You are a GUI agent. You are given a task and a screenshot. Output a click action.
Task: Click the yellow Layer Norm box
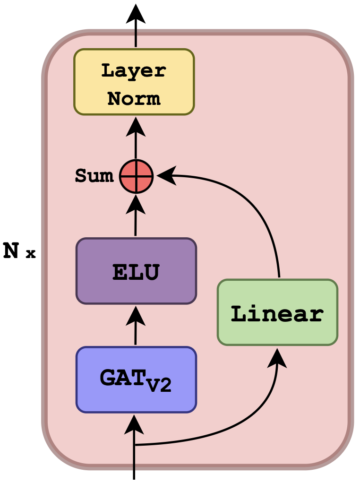coord(134,82)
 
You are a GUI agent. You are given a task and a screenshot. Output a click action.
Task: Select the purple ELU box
coord(136,271)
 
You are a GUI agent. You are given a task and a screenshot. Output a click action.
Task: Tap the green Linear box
coord(277,312)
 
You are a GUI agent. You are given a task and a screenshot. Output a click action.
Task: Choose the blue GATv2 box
coord(136,379)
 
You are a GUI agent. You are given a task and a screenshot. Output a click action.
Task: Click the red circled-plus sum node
coord(136,176)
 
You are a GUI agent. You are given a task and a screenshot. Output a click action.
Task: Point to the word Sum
coord(94,176)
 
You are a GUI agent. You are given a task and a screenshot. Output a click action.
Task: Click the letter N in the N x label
coord(11,250)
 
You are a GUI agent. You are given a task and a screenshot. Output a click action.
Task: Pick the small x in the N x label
coord(30,254)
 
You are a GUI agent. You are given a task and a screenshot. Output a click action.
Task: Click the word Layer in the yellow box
coord(134,70)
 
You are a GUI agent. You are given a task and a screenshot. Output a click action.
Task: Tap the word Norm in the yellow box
coord(134,99)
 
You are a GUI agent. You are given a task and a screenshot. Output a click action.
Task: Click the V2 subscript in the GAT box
coord(158,386)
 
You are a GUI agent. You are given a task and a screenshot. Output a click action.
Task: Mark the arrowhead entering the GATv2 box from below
coord(135,423)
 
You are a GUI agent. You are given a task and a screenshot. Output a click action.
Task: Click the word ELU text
coord(136,272)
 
